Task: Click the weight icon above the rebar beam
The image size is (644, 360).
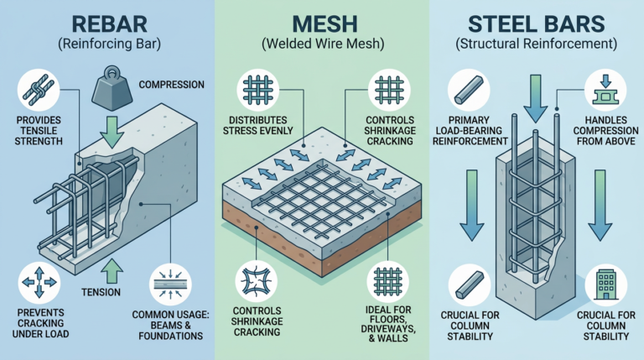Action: [x=113, y=85]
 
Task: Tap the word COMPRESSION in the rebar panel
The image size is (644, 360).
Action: [x=171, y=84]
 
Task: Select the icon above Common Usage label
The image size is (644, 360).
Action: [x=171, y=283]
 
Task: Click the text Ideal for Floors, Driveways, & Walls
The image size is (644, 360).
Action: [x=387, y=324]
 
